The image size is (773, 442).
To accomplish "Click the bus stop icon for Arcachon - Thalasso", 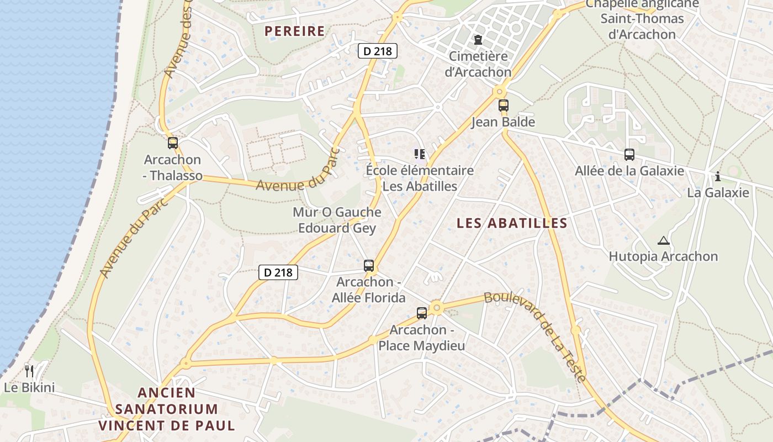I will tap(173, 143).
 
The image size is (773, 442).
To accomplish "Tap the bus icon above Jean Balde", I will tap(503, 106).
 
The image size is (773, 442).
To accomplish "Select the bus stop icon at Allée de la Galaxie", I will tap(629, 155).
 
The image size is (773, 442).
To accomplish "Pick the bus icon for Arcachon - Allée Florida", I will tap(369, 265).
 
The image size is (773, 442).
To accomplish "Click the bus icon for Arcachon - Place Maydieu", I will tap(422, 313).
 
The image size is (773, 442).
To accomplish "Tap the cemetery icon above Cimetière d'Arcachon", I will tap(478, 40).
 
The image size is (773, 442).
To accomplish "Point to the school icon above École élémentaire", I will tap(420, 154).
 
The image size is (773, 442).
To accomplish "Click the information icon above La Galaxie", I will tap(717, 177).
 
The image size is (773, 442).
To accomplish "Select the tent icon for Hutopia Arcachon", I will tap(663, 240).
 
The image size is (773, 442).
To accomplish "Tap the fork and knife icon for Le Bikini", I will tap(29, 371).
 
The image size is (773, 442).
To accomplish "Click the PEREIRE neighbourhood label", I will tap(295, 31).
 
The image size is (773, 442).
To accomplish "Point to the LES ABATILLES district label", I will tap(512, 223).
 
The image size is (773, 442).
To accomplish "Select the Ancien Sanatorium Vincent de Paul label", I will tap(167, 409).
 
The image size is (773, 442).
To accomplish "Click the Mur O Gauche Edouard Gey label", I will tap(337, 220).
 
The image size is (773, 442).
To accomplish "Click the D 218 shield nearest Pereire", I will tap(378, 51).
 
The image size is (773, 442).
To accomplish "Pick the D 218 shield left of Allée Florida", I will tap(278, 272).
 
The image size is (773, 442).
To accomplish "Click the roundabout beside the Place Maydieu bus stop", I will tap(437, 307).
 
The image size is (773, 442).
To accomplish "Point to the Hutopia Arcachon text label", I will tap(663, 256).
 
